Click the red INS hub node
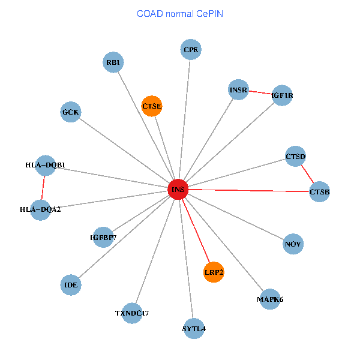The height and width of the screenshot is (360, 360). point(178,189)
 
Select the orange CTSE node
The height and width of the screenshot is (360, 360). point(152,106)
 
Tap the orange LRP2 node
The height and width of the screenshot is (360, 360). point(214,272)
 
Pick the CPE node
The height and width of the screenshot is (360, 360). point(191,50)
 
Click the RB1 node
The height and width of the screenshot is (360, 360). point(113,62)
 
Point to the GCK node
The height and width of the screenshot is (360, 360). point(70,112)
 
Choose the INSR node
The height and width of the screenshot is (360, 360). point(238,90)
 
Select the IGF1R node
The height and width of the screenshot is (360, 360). point(282,95)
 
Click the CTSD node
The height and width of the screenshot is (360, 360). point(295,157)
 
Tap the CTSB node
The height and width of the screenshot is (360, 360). point(319,192)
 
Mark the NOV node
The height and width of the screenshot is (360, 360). point(293,244)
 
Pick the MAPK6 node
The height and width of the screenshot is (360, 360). point(270,299)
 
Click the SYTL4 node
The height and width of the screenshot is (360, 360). point(194,328)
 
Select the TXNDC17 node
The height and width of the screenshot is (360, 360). point(132,313)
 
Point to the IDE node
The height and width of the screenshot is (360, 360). point(71,285)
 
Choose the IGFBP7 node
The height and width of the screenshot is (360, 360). point(103,238)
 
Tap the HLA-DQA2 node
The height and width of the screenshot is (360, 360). point(41,209)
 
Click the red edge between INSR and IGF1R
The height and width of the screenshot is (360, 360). point(260,92)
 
